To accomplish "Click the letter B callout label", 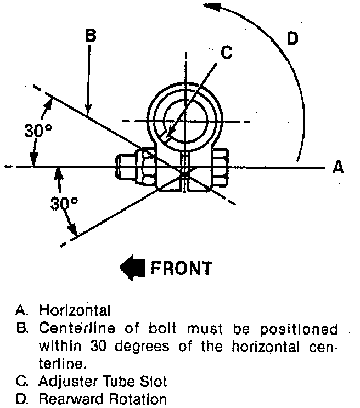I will (x=91, y=36).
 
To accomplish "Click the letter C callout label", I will (x=227, y=53).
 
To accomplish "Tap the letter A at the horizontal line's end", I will (x=338, y=167).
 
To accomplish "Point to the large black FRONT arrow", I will (x=132, y=268).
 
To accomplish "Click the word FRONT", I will (x=181, y=269).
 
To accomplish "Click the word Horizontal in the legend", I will (x=74, y=310).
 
